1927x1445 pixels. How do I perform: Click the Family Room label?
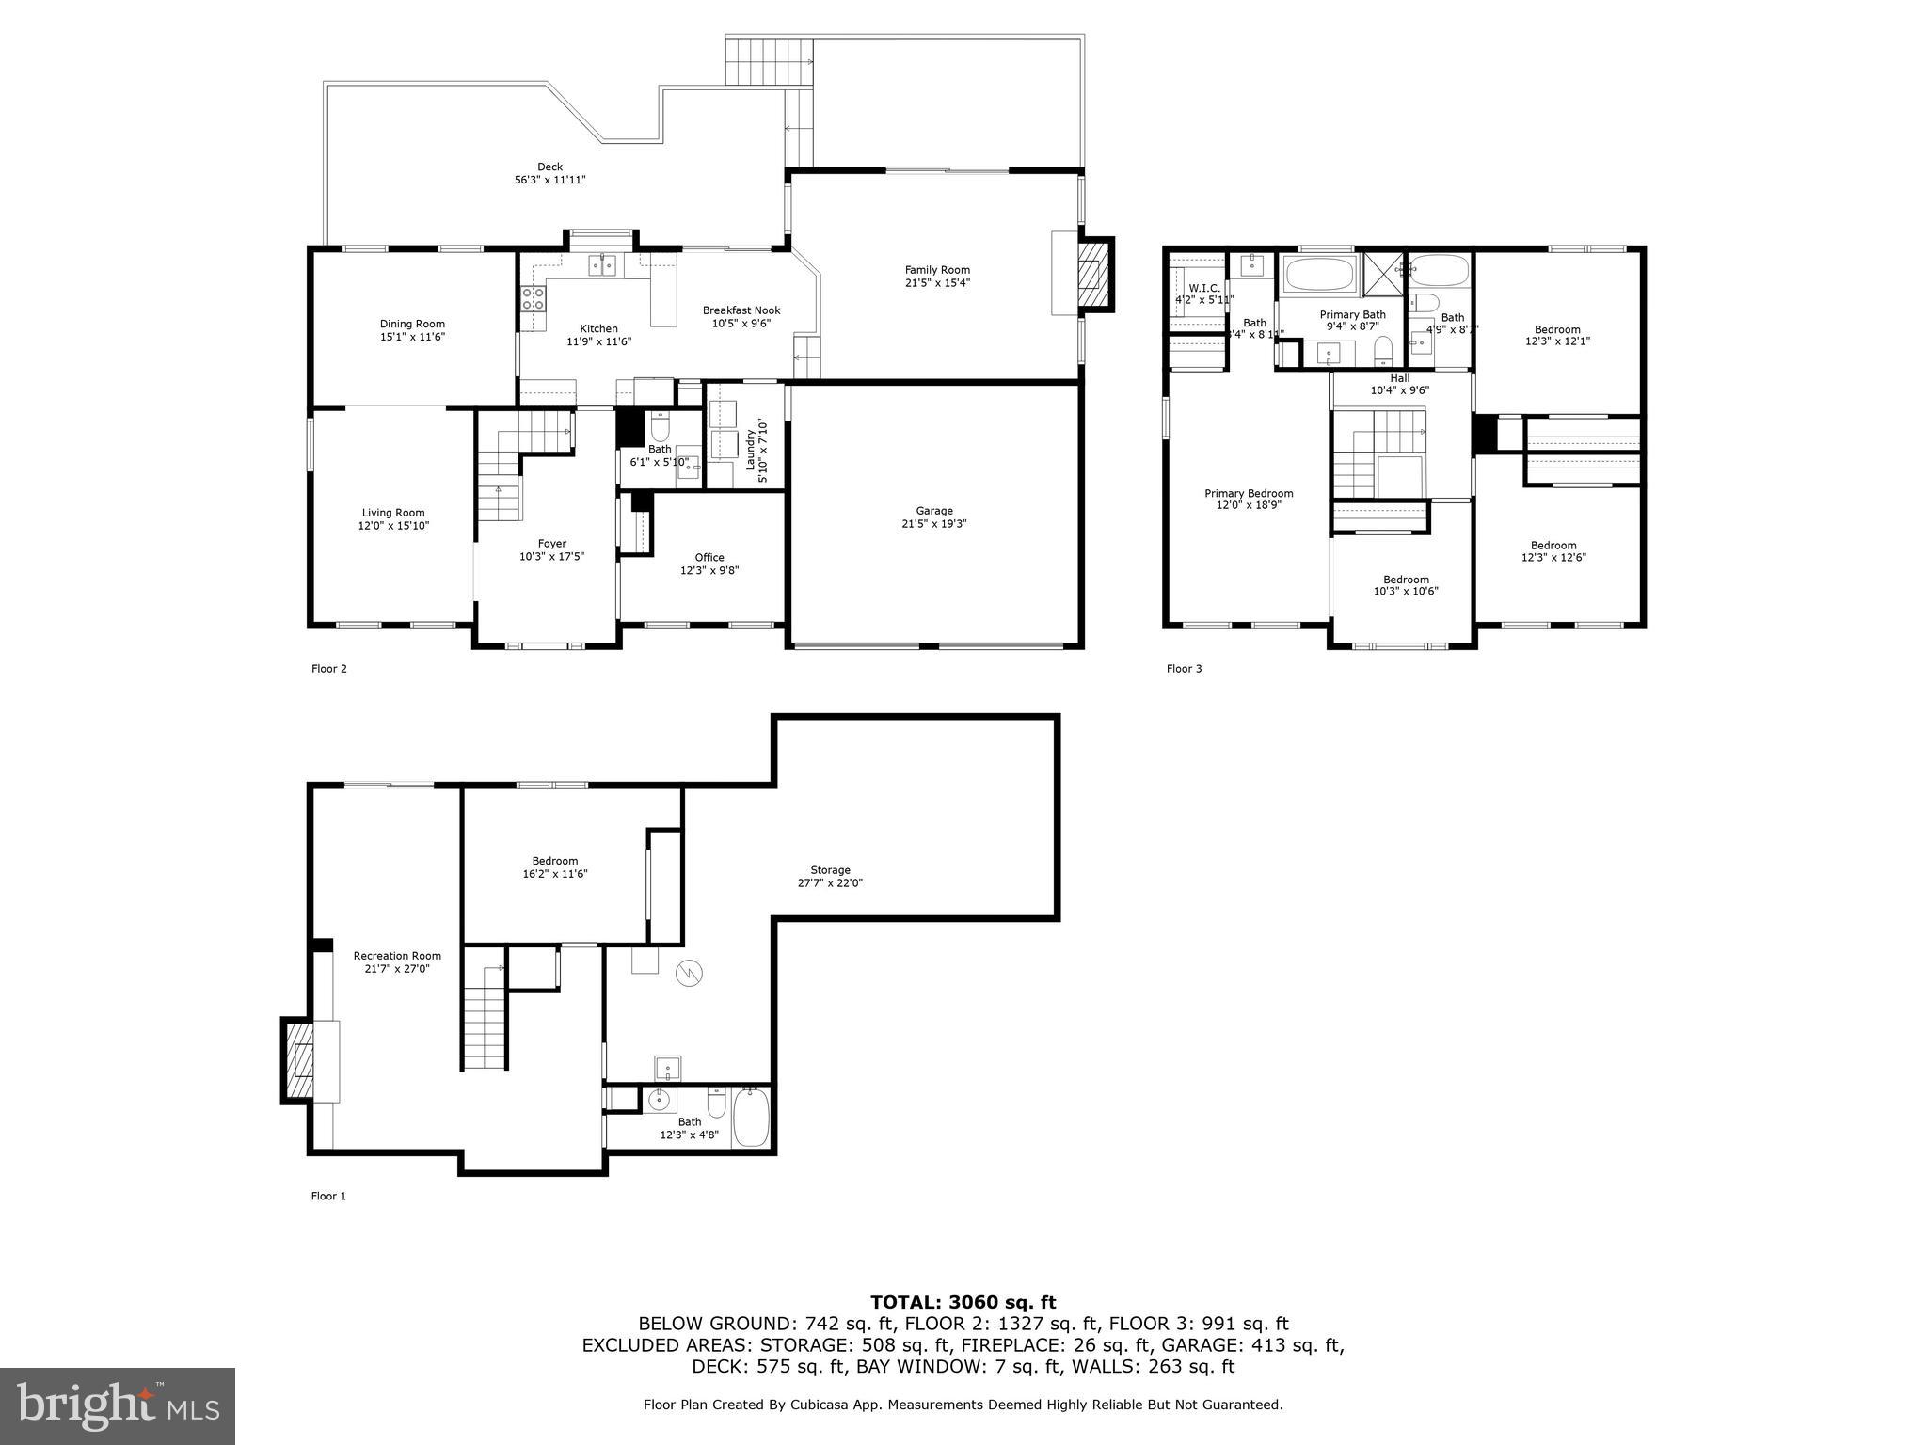[x=936, y=271]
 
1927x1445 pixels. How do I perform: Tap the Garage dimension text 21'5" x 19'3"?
[x=934, y=524]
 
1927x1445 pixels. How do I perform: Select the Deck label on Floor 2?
[x=549, y=167]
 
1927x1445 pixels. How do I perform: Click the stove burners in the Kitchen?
[x=533, y=299]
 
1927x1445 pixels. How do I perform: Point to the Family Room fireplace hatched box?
[x=1092, y=274]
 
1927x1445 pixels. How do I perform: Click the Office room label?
[x=709, y=558]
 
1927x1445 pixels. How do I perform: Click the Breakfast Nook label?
[x=741, y=310]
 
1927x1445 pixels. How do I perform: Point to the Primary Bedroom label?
[x=1249, y=494]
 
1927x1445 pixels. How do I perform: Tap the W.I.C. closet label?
[x=1203, y=288]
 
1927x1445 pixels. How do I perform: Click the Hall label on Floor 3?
[x=1399, y=378]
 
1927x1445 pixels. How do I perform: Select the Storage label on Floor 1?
[x=830, y=870]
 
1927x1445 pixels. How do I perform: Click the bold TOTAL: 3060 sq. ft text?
[x=963, y=1303]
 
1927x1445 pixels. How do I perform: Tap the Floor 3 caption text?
[x=1184, y=669]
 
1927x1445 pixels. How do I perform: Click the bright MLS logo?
[x=118, y=1405]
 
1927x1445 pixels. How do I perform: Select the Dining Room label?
[x=412, y=325]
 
